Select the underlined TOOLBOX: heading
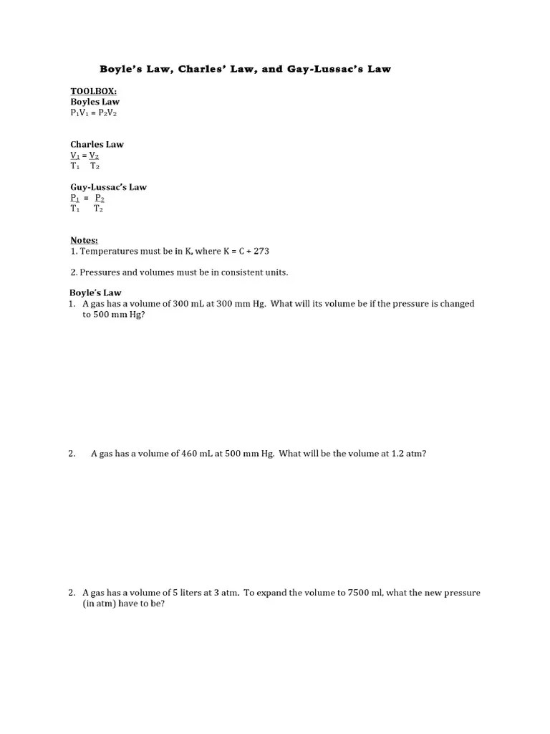(x=93, y=92)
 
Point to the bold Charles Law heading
(x=97, y=144)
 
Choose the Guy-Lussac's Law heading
(x=108, y=187)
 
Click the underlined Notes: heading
(x=84, y=240)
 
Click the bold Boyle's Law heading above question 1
(x=95, y=292)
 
